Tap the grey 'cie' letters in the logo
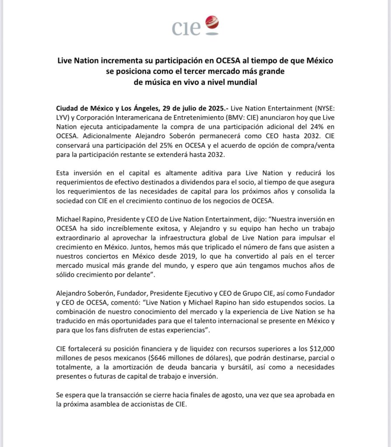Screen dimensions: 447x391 (186, 28)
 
